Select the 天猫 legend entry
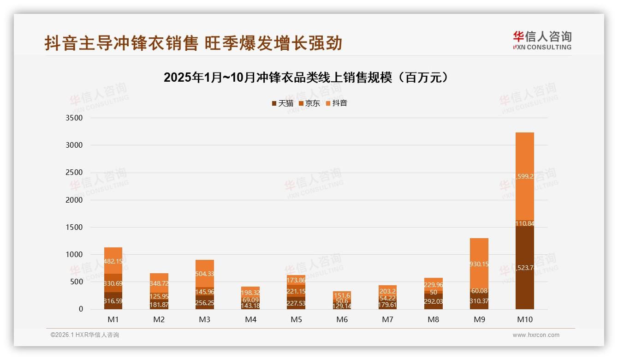click(282, 103)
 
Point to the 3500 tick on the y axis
click(74, 118)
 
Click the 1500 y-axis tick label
click(74, 227)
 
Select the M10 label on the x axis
click(525, 319)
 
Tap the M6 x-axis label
click(342, 319)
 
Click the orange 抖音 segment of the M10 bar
click(525, 176)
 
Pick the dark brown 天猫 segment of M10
click(525, 268)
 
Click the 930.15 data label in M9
click(479, 264)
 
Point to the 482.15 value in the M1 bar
click(113, 261)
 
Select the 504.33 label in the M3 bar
click(205, 274)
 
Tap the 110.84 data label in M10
click(525, 223)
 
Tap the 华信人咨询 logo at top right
click(542, 40)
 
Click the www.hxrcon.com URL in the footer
click(536, 335)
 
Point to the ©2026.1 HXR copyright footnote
click(84, 335)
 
